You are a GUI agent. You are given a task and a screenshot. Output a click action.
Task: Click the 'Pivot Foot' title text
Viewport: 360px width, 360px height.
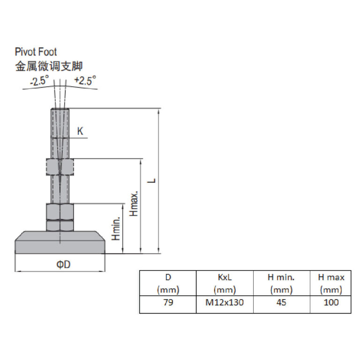[x=36, y=52]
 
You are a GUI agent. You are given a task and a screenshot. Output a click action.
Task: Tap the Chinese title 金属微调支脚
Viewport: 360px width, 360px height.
[x=49, y=67]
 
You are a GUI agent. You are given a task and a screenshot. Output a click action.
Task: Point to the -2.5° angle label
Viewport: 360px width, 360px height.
[x=39, y=81]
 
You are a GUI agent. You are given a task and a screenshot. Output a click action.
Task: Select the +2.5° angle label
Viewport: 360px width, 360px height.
[x=85, y=80]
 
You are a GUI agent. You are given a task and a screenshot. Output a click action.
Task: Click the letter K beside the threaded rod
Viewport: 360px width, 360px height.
[x=80, y=131]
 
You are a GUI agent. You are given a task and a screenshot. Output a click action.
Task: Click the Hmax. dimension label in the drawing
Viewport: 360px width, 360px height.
[x=134, y=203]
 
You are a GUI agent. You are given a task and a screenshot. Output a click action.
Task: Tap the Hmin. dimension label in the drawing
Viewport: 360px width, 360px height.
[x=116, y=228]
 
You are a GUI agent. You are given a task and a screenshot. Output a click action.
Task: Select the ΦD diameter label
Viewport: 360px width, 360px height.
[x=63, y=264]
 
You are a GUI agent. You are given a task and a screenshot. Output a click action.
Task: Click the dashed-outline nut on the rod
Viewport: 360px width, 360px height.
[x=60, y=167]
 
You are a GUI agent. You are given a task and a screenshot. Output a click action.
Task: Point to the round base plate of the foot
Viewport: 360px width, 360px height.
[x=60, y=242]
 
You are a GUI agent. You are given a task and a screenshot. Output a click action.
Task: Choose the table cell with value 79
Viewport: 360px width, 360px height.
[x=168, y=302]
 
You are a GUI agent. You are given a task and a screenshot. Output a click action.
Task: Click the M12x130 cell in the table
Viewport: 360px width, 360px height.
[x=225, y=302]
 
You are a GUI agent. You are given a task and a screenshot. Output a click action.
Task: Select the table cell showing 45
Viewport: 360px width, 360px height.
[x=281, y=302]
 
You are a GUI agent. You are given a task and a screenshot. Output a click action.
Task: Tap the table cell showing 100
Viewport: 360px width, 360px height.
[x=331, y=302]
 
